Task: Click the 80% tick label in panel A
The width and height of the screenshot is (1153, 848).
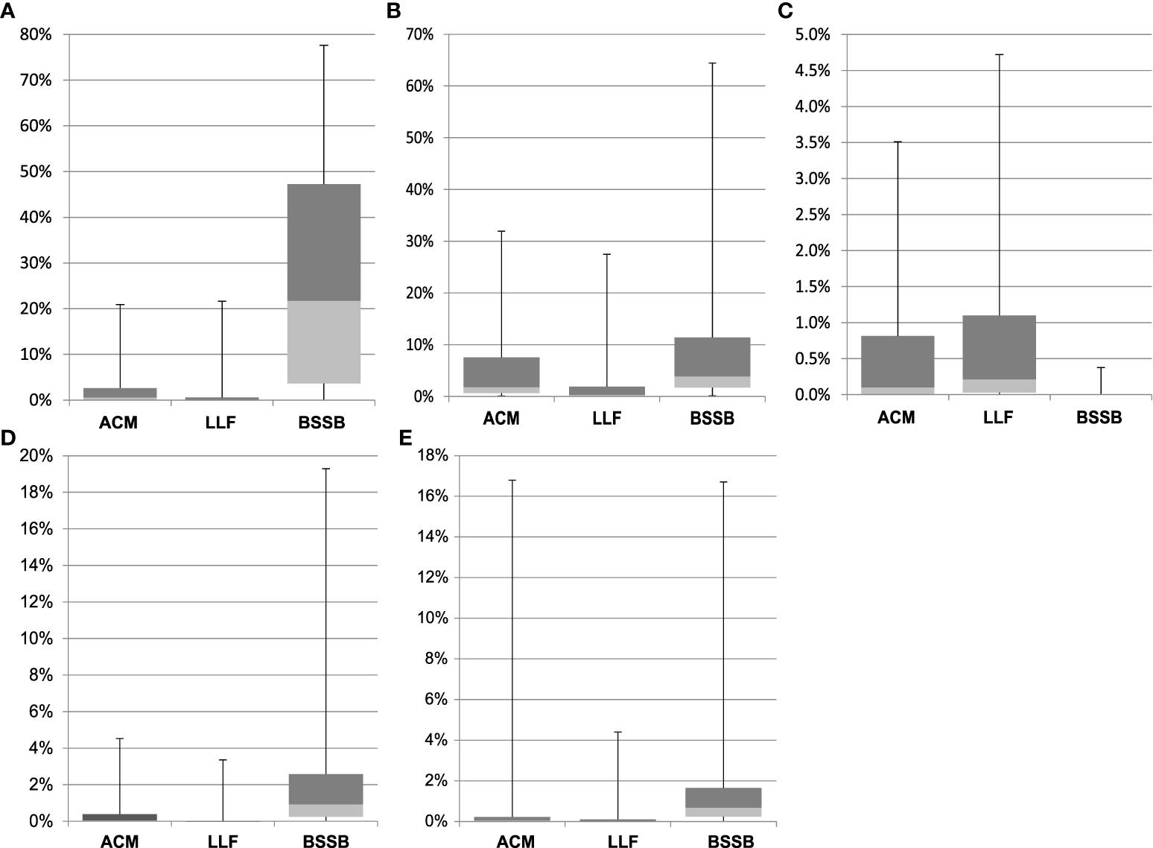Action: [36, 34]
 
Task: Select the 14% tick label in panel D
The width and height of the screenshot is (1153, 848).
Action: [36, 566]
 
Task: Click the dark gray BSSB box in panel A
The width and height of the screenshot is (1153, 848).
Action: [324, 242]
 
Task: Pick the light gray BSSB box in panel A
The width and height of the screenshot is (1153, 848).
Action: [324, 342]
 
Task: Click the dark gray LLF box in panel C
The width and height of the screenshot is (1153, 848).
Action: [998, 347]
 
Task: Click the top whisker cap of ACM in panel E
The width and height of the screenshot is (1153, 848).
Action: [512, 480]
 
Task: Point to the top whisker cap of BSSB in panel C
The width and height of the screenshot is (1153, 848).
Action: [1100, 367]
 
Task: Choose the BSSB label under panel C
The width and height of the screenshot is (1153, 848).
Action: [1099, 417]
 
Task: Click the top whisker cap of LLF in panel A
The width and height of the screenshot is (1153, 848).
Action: [221, 301]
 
